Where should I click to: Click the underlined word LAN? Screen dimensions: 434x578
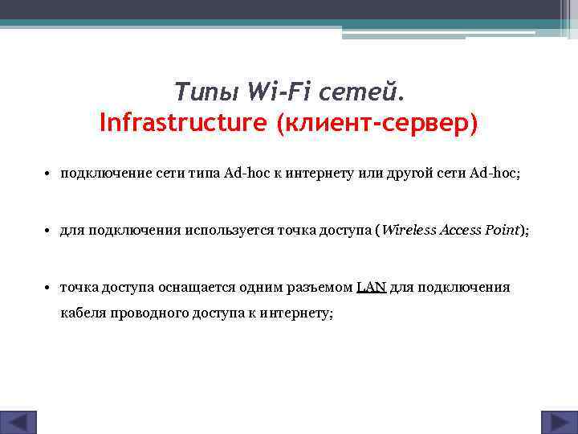click(x=372, y=288)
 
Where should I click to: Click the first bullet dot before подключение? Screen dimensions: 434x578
click(x=48, y=173)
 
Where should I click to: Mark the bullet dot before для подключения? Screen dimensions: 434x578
click(x=48, y=231)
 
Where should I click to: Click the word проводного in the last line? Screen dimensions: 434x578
click(x=148, y=313)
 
